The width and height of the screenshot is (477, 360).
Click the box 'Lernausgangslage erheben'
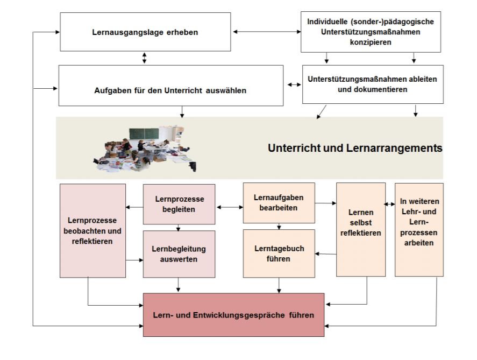(x=145, y=32)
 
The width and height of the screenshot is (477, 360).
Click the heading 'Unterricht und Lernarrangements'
(x=355, y=147)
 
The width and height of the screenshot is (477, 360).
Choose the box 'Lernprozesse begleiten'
(x=179, y=204)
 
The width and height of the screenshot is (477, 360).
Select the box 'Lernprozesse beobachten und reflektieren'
(x=92, y=230)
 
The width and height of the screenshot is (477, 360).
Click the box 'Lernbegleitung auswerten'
(x=179, y=255)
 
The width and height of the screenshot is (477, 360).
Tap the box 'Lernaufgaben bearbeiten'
(x=278, y=203)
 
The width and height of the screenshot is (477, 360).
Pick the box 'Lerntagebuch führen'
(x=278, y=253)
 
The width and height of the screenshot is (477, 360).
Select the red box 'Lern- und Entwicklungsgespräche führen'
(x=233, y=314)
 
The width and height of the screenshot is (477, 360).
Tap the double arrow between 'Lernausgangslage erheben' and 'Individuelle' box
(x=266, y=32)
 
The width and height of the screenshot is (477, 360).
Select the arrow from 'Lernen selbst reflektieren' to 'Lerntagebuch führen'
(x=325, y=253)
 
